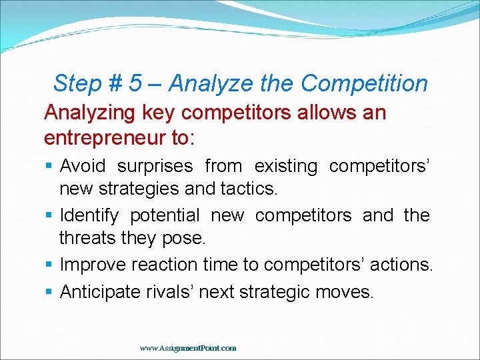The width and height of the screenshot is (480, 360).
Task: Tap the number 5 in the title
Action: point(135,84)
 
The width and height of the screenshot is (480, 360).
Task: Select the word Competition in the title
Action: point(364,84)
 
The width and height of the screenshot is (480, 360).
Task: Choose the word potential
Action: point(164,215)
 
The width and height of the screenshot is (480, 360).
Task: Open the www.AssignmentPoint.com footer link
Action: point(187,348)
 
